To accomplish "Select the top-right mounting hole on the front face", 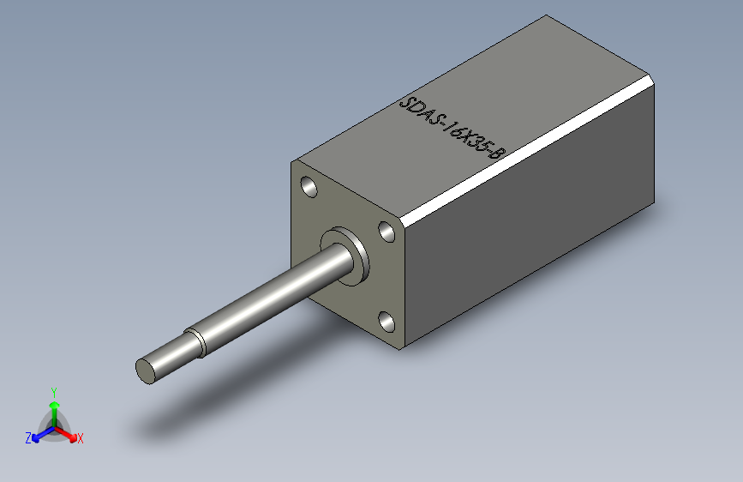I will click(386, 230).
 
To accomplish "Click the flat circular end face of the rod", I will click(147, 371).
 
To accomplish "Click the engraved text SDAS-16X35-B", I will click(453, 130).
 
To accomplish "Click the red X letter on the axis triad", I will click(81, 438).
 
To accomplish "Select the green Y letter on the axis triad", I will click(53, 390).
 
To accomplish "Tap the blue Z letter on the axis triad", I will click(28, 437).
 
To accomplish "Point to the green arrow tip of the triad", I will click(53, 404).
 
